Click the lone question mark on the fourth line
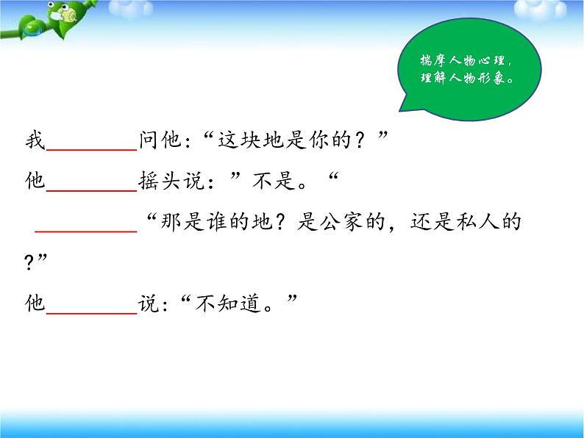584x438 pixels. tap(29, 262)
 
